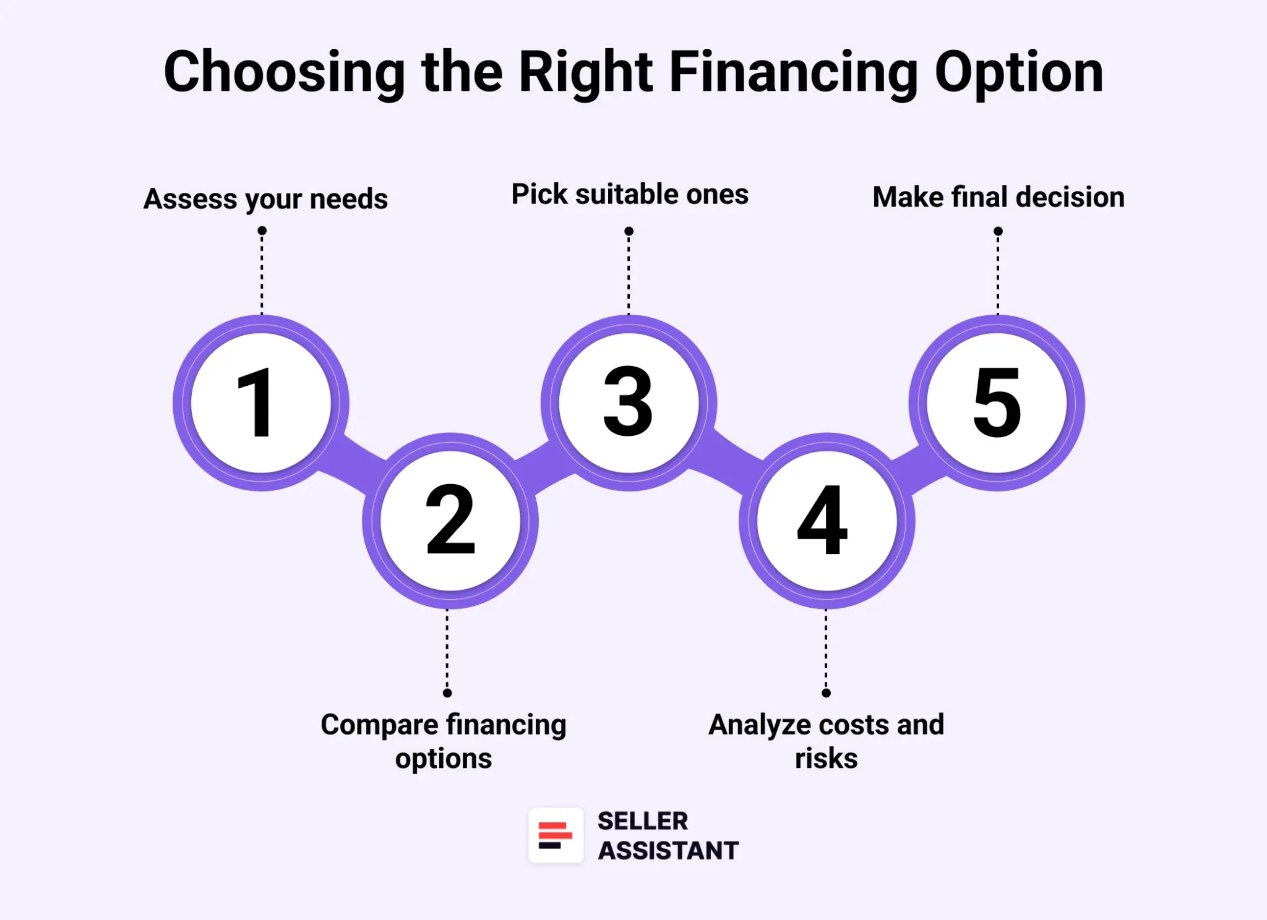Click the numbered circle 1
261,403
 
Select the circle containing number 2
450,521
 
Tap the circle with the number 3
629,403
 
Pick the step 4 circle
827,521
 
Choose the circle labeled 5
997,403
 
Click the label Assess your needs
265,199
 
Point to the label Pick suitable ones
630,194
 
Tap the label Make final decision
998,197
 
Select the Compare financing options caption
444,741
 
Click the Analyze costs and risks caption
826,741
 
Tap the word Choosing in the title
285,73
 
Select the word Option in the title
1019,73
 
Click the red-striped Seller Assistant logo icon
555,835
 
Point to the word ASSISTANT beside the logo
668,851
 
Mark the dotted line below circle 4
826,649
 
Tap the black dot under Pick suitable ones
629,231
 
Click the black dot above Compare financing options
447,693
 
